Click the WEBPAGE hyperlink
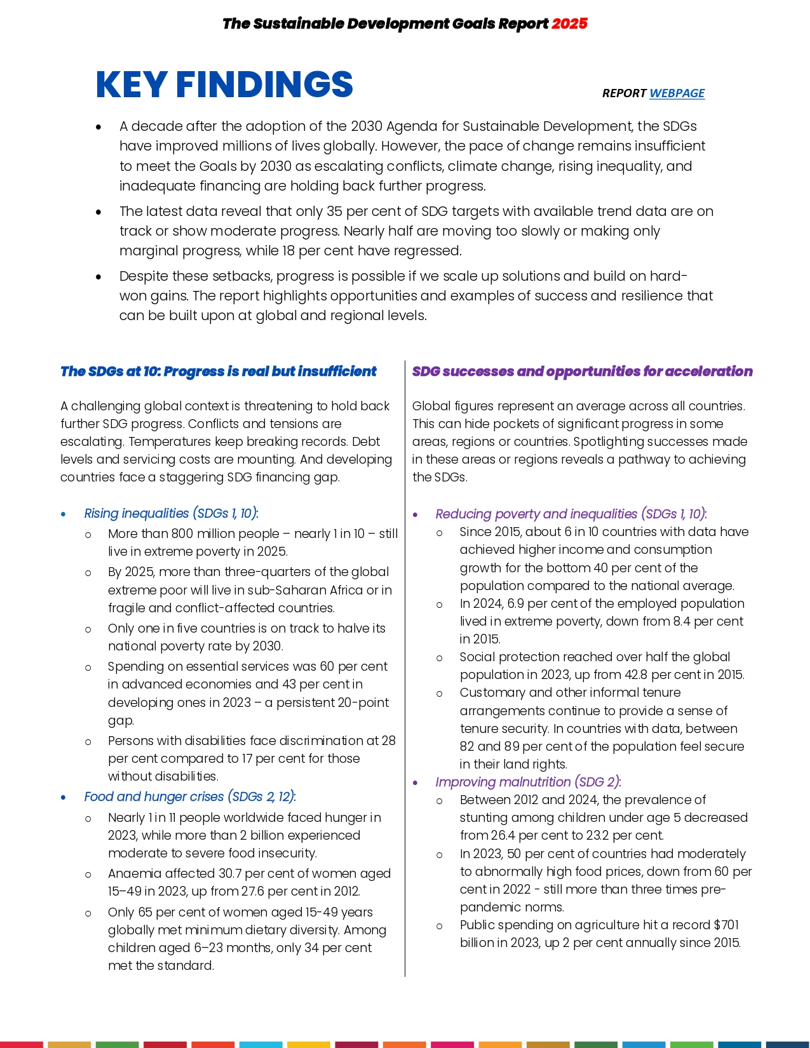(x=677, y=93)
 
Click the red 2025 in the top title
(x=569, y=24)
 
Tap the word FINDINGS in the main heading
(x=264, y=84)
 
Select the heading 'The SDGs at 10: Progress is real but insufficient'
(x=218, y=372)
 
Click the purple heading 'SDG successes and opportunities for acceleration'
(x=582, y=372)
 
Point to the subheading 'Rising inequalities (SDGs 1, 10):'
(x=171, y=513)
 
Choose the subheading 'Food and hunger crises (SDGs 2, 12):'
(x=190, y=796)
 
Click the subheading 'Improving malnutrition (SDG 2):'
(x=528, y=782)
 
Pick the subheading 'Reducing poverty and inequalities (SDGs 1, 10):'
(x=570, y=514)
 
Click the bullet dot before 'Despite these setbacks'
(x=98, y=277)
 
